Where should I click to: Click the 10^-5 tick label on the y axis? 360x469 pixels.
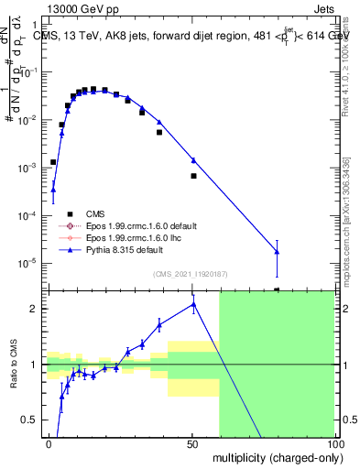(27, 263)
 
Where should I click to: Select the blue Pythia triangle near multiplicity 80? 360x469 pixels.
(277, 252)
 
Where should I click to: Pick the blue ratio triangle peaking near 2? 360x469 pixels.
(193, 304)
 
